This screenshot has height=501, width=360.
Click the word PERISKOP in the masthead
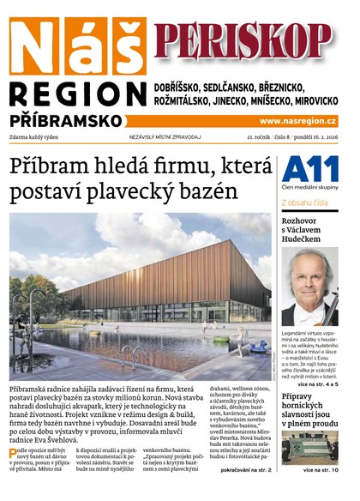pos(243,39)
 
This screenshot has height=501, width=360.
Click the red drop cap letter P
pos(15,453)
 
